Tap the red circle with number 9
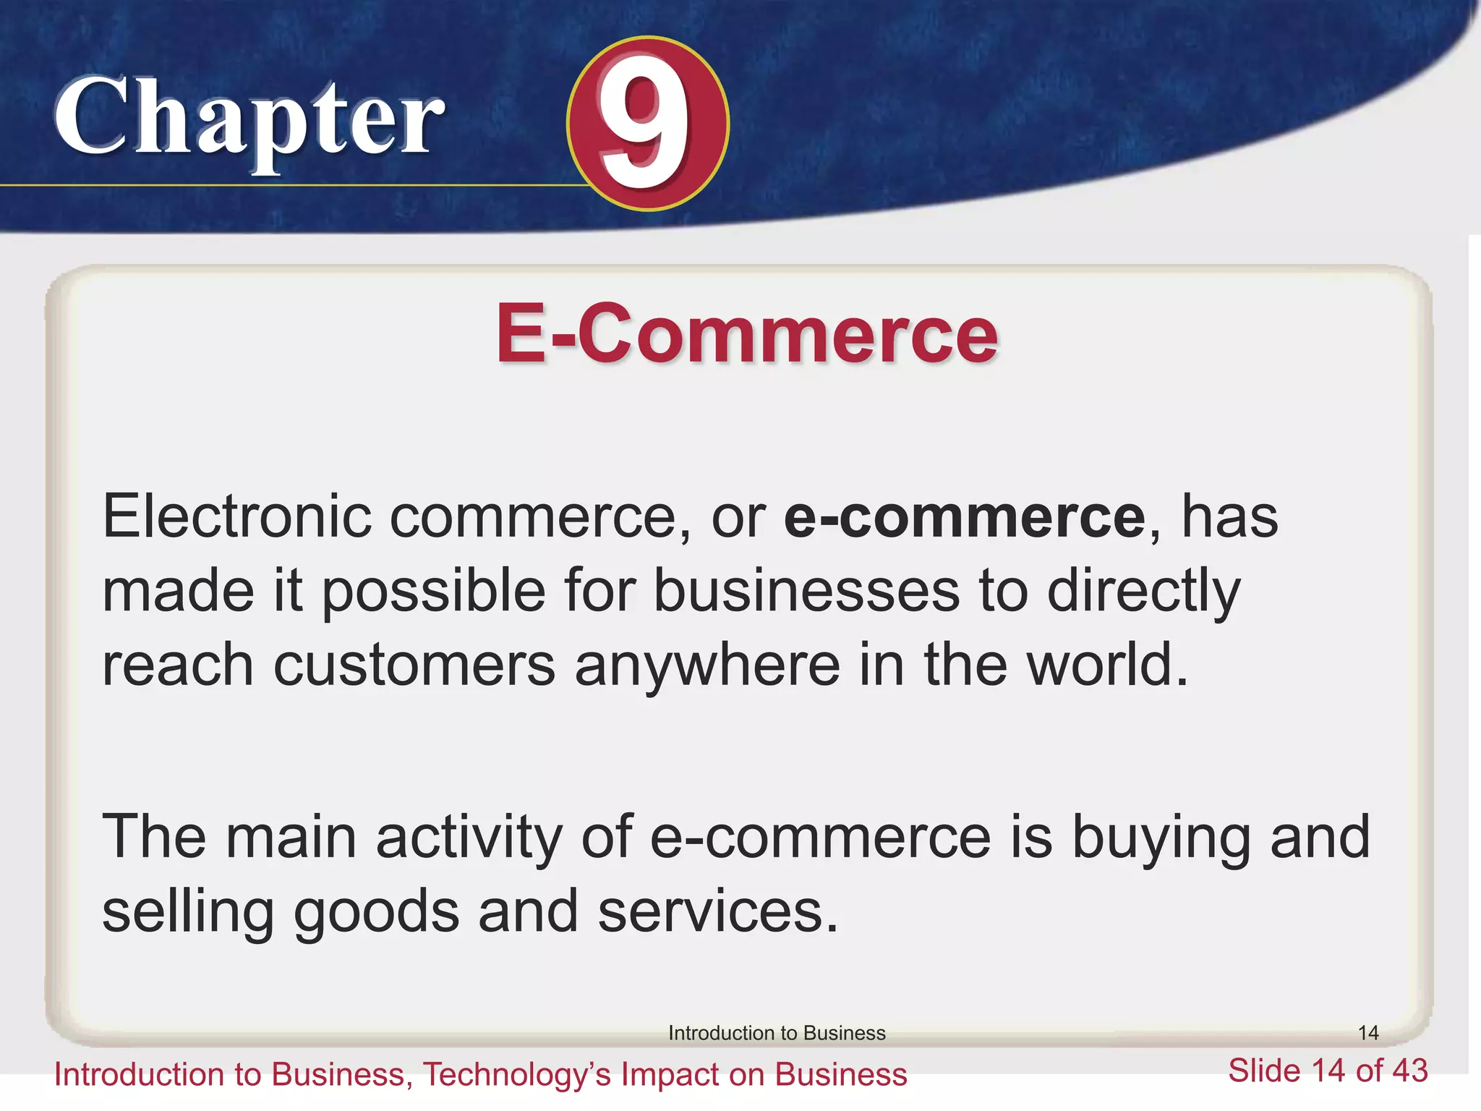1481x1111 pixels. (647, 124)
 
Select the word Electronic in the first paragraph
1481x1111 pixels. (237, 516)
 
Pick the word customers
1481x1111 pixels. (414, 665)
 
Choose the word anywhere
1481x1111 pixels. (707, 665)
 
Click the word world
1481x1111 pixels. (1107, 665)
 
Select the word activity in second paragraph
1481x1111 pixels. (469, 838)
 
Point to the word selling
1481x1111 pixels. (188, 913)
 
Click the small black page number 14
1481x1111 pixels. (1367, 1032)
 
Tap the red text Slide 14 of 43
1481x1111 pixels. (1328, 1070)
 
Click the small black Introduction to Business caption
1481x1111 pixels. (777, 1033)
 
